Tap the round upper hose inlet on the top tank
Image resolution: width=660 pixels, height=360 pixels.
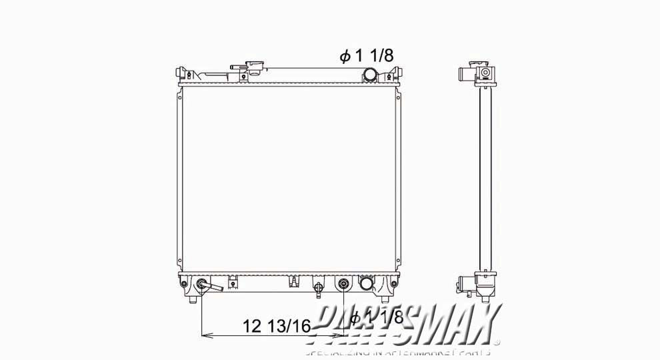click(x=371, y=74)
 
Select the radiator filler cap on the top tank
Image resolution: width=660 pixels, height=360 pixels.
click(x=254, y=67)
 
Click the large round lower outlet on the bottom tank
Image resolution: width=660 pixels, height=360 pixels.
click(x=366, y=284)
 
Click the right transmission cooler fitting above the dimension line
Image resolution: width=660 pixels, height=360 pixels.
click(x=343, y=285)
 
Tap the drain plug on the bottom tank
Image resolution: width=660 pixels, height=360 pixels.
click(x=319, y=289)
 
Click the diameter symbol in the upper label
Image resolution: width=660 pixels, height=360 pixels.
click(x=345, y=57)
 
